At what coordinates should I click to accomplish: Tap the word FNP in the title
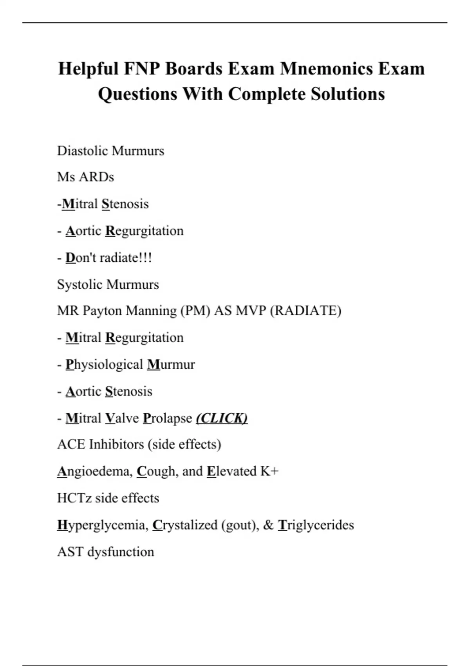(x=142, y=69)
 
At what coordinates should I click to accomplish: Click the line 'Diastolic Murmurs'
(x=110, y=151)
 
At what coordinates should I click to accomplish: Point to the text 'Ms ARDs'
(x=85, y=177)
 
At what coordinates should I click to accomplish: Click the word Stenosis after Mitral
(x=125, y=204)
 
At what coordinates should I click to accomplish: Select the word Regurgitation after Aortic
(x=144, y=231)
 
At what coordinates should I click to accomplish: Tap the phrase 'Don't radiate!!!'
(x=108, y=258)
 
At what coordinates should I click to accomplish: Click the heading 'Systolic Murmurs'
(x=108, y=284)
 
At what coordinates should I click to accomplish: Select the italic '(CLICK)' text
(x=222, y=418)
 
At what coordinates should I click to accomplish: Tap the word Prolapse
(x=167, y=418)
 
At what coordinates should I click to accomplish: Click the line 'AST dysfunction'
(x=105, y=552)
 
